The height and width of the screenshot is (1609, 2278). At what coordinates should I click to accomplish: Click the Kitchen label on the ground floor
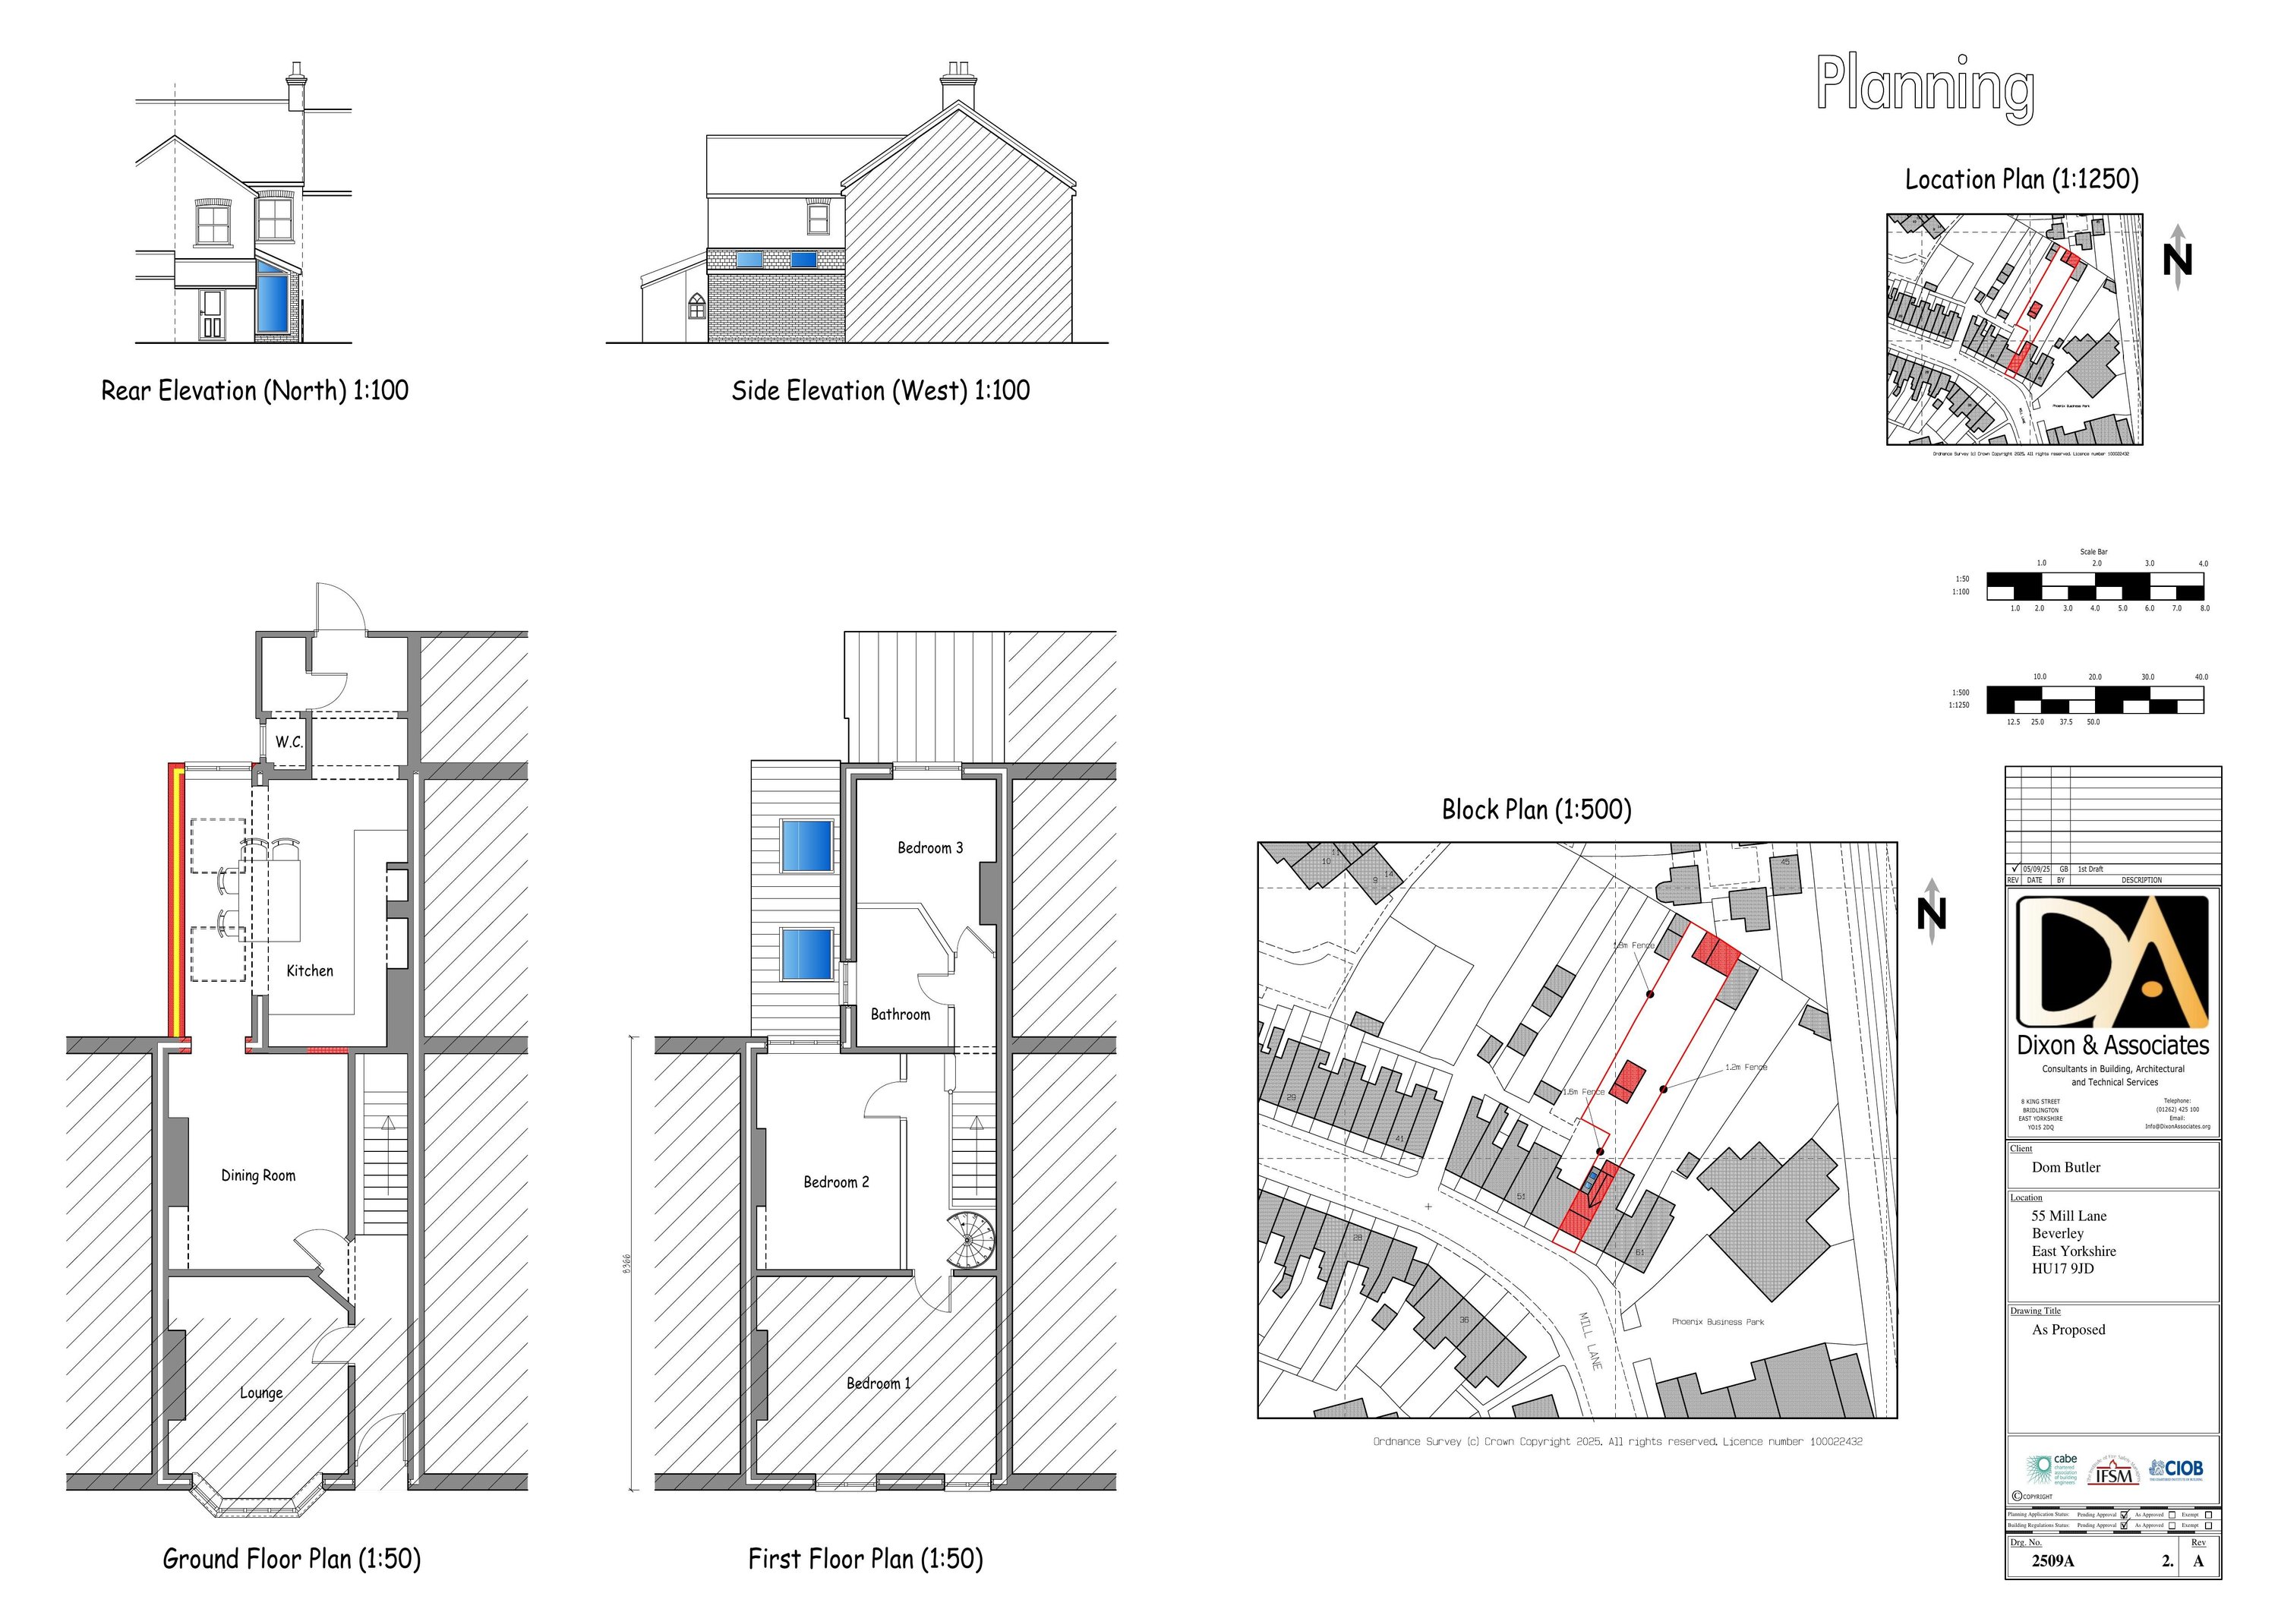coord(310,971)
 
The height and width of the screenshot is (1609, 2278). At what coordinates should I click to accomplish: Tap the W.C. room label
coord(289,742)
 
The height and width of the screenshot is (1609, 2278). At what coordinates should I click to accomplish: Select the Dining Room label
coord(258,1175)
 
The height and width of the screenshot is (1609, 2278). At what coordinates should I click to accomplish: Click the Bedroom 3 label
coord(929,848)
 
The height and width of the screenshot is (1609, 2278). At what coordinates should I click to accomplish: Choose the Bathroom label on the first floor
coord(900,1014)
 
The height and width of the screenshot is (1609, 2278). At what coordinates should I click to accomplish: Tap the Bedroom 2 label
coord(835,1182)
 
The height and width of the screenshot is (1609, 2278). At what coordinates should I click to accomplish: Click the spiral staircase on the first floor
coord(970,1240)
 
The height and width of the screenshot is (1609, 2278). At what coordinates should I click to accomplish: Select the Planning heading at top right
coord(1925,87)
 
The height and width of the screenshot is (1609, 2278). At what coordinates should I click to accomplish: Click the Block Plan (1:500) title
coord(1536,810)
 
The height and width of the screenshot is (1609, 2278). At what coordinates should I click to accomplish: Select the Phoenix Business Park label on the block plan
coord(1718,1322)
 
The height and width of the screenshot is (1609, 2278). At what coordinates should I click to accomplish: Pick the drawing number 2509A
coord(2052,1560)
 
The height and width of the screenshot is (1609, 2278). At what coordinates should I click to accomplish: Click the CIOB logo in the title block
coord(2175,1469)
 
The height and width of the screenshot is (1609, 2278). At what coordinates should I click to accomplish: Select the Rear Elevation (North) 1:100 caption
coord(255,391)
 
